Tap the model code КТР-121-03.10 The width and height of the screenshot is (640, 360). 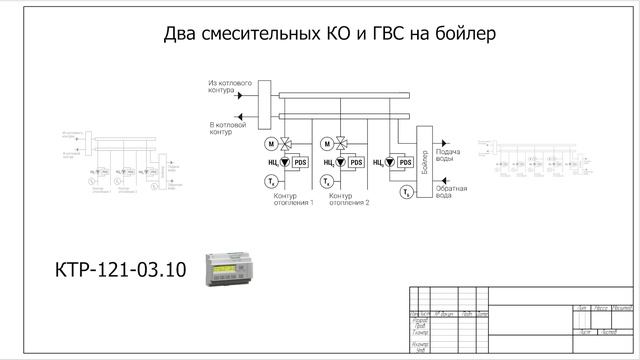click(x=121, y=270)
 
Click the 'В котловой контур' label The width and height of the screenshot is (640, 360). click(x=226, y=127)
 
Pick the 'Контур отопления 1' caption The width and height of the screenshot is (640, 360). click(x=293, y=199)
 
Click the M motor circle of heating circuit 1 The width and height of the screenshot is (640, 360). click(x=270, y=144)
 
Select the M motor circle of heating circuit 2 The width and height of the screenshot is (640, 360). click(x=327, y=144)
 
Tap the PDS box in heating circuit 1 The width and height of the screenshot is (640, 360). click(x=300, y=162)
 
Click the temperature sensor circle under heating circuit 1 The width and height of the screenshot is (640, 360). click(x=271, y=181)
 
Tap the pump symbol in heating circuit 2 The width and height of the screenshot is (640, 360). click(x=342, y=162)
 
